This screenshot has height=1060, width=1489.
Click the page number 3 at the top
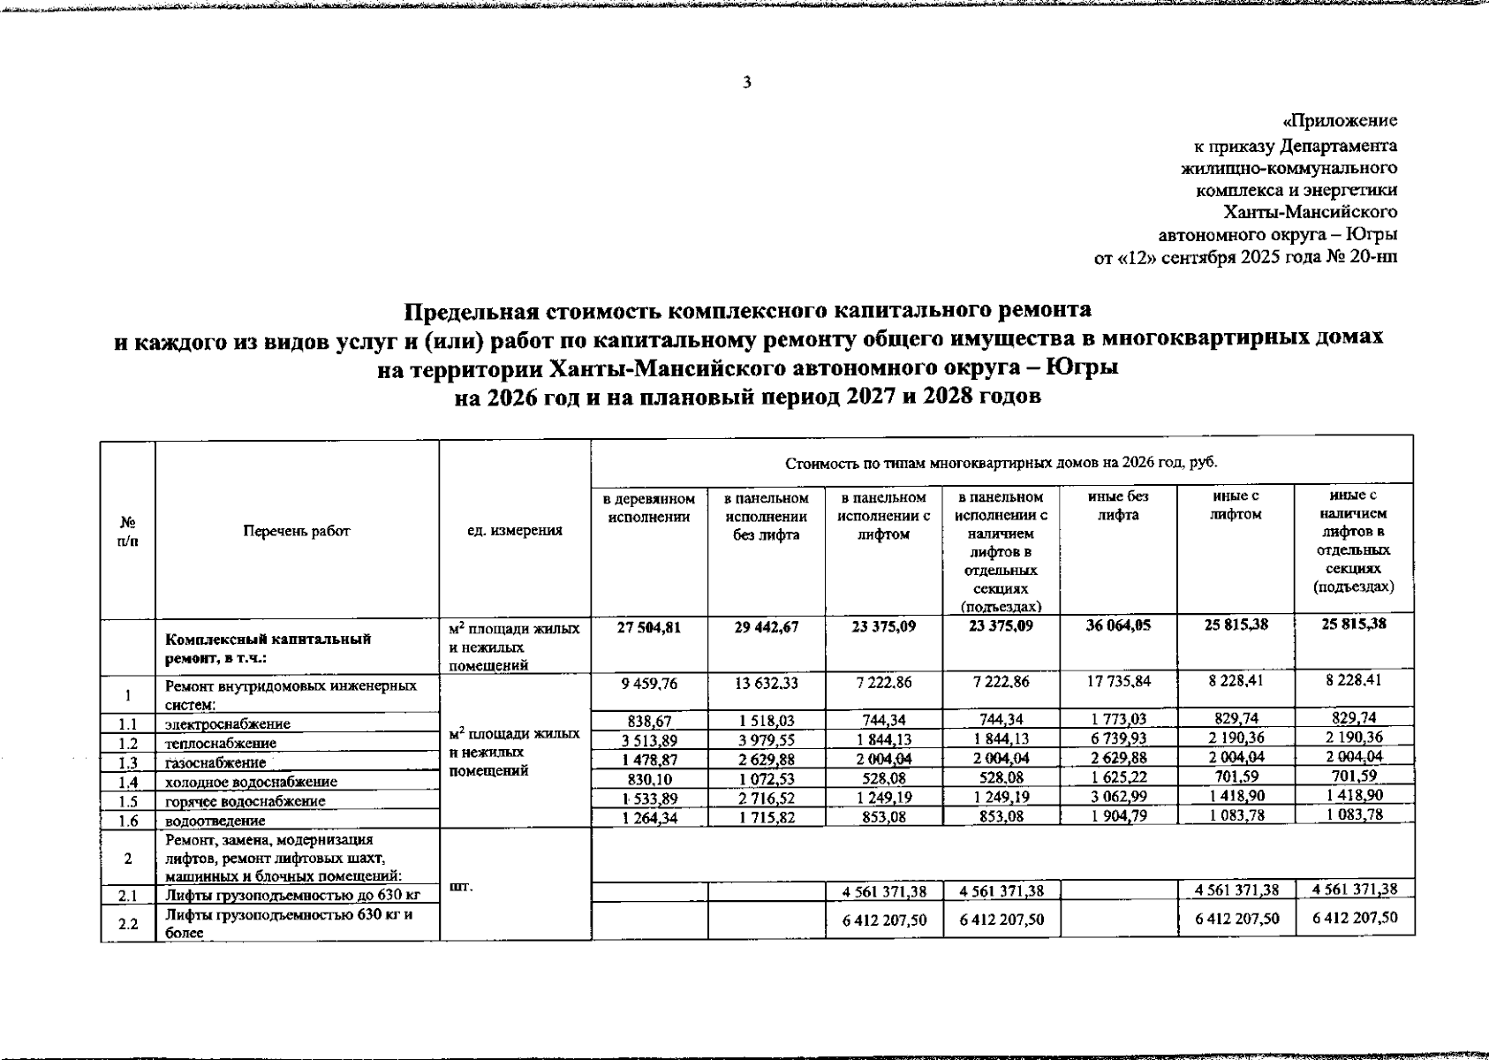click(747, 83)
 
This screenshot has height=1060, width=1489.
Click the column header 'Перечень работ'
click(297, 531)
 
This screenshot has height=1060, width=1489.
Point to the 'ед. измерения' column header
click(515, 531)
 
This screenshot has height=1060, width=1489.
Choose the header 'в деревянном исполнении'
click(649, 508)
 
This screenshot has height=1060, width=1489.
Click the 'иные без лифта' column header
click(1118, 506)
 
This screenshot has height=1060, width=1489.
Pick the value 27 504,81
click(649, 626)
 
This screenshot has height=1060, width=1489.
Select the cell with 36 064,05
click(1118, 626)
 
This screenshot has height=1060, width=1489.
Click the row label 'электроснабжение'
click(228, 724)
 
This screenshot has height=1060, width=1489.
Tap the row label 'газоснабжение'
click(215, 762)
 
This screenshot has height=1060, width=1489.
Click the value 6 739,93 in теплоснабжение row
click(1118, 738)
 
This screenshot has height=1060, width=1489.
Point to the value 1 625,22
click(1118, 777)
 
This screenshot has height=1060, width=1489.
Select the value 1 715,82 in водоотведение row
click(767, 815)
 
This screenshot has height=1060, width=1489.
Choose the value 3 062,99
click(1118, 797)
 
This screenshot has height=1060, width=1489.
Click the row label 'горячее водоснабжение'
click(246, 801)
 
